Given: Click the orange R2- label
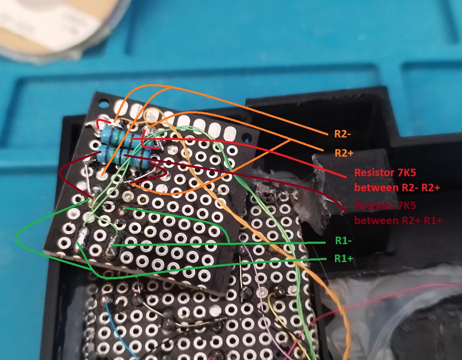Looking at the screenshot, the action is pos(342,134).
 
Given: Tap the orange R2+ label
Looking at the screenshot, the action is pos(344,153).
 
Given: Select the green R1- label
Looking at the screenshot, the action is pos(343,241).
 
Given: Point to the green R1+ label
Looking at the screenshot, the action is pos(344,258).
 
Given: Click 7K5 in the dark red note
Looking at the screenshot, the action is pos(407,205).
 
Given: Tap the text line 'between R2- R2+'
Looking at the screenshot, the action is pos(397,187).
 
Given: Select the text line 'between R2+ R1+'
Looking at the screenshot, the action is pos(398,220).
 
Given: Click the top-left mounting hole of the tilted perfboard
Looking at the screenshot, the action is pos(103,104).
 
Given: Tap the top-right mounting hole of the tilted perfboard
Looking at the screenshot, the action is pos(247,137).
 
